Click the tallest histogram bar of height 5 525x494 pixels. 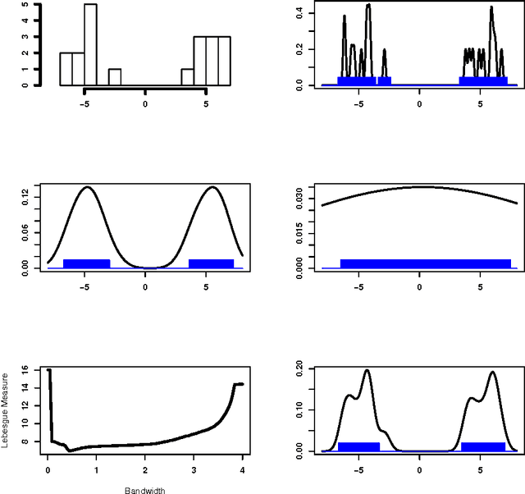90,44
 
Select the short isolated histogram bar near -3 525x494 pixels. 115,76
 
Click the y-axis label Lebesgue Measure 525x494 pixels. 6,409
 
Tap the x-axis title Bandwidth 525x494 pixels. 144,491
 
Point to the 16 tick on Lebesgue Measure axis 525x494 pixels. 26,371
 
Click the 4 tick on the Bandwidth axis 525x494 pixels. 243,470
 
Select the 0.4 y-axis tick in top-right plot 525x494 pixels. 300,12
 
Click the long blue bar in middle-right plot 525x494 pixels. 425,263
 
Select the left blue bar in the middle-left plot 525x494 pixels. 86,263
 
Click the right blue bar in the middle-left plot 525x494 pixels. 211,263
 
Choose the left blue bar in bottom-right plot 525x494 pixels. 358,446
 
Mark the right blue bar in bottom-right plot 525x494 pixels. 482,446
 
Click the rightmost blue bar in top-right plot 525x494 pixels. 482,80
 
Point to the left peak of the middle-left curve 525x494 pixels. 87,187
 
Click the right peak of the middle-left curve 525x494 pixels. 212,187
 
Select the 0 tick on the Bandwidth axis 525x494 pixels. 48,470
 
